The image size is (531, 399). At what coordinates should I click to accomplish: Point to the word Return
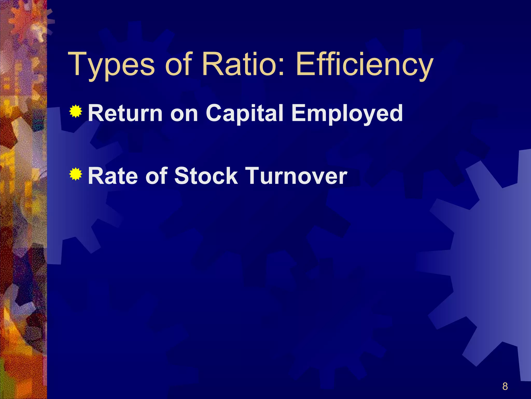[125, 113]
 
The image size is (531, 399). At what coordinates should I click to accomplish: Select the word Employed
[347, 114]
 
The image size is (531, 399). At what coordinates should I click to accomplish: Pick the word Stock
[206, 176]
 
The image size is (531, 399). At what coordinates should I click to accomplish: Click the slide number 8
[505, 386]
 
